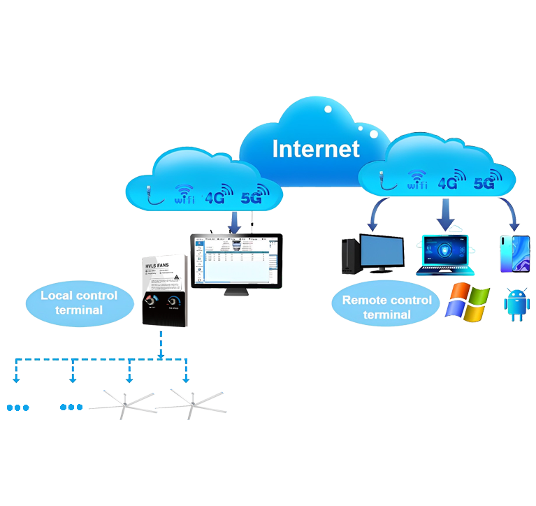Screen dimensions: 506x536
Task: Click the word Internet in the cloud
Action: [316, 149]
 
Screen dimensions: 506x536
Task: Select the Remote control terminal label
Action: [386, 307]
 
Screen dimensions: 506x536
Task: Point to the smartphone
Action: [515, 254]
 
